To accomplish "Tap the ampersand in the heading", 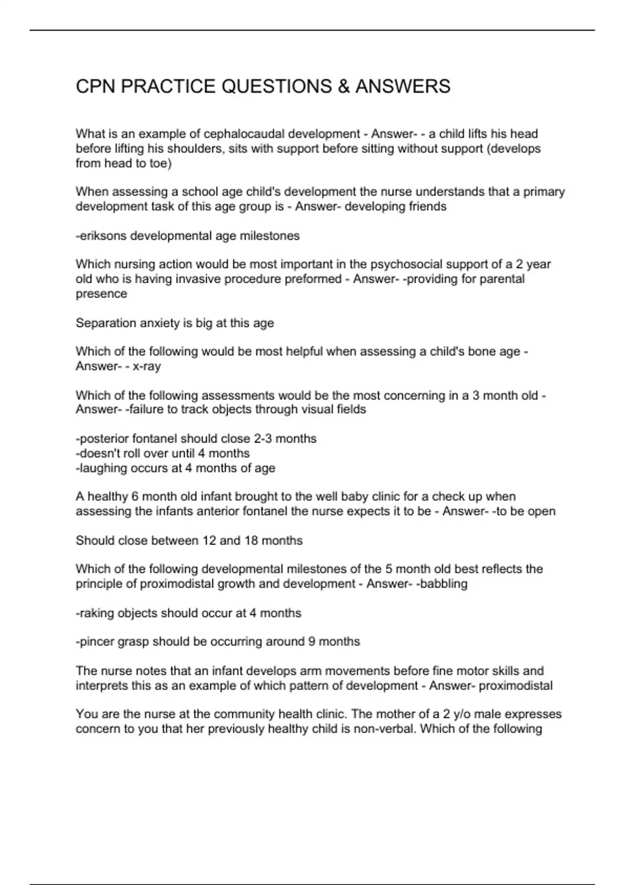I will (x=343, y=86).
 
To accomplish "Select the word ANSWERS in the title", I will (x=403, y=86).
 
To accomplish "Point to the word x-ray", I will (x=147, y=366).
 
